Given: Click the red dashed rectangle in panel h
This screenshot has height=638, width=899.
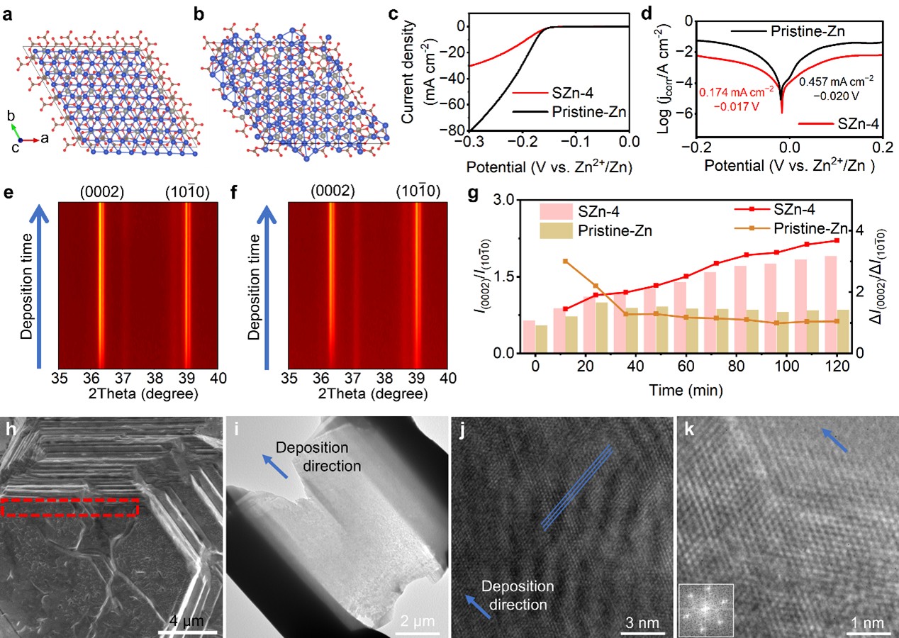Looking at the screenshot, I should [69, 508].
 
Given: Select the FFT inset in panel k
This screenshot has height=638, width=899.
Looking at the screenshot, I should [706, 610].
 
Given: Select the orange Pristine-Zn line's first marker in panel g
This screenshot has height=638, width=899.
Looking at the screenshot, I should [565, 262].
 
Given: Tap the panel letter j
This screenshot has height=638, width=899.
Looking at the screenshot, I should [459, 428].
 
